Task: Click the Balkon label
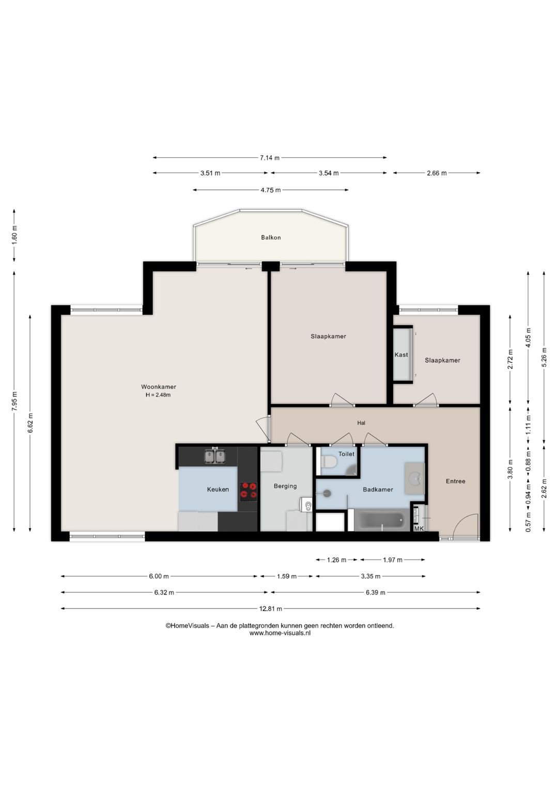(x=271, y=237)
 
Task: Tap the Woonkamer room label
(x=159, y=387)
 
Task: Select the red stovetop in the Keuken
(x=248, y=491)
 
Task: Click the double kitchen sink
(x=215, y=456)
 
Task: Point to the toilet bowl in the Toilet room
(x=328, y=461)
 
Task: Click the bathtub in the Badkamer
(x=382, y=522)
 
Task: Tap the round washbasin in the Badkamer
(x=415, y=478)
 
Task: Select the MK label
(x=419, y=529)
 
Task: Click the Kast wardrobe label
(x=401, y=355)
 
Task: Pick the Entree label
(x=456, y=481)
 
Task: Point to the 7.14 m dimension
(x=270, y=158)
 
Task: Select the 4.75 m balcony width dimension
(x=271, y=190)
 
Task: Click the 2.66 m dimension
(x=437, y=173)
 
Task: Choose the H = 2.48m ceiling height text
(x=158, y=395)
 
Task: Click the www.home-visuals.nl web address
(x=280, y=633)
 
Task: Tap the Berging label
(x=285, y=486)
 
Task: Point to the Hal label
(x=361, y=423)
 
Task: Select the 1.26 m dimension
(x=336, y=560)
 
